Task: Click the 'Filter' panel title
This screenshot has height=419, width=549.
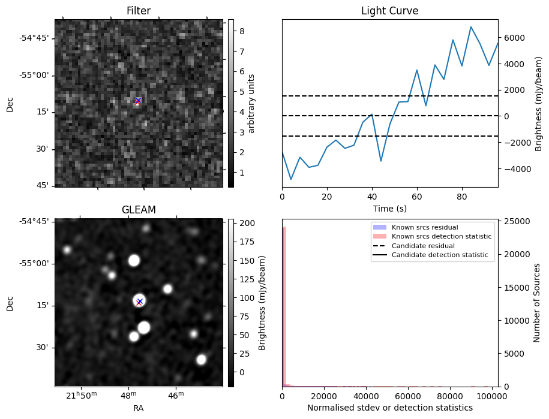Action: [138, 11]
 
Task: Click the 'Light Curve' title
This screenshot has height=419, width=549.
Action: [389, 11]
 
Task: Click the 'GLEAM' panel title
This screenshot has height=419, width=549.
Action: [138, 210]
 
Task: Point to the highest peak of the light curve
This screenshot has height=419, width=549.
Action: [471, 27]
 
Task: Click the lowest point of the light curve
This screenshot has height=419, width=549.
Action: [291, 179]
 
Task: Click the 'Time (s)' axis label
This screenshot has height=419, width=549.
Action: [389, 208]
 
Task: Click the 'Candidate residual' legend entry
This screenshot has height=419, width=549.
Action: [423, 246]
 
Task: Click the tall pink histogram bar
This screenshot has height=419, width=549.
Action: [284, 306]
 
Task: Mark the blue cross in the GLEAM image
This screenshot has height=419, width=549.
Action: [140, 301]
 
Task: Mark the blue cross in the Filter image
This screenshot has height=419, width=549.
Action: [138, 100]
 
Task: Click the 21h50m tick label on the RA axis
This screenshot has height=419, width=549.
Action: [81, 396]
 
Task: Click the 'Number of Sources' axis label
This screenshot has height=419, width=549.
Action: [538, 303]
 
